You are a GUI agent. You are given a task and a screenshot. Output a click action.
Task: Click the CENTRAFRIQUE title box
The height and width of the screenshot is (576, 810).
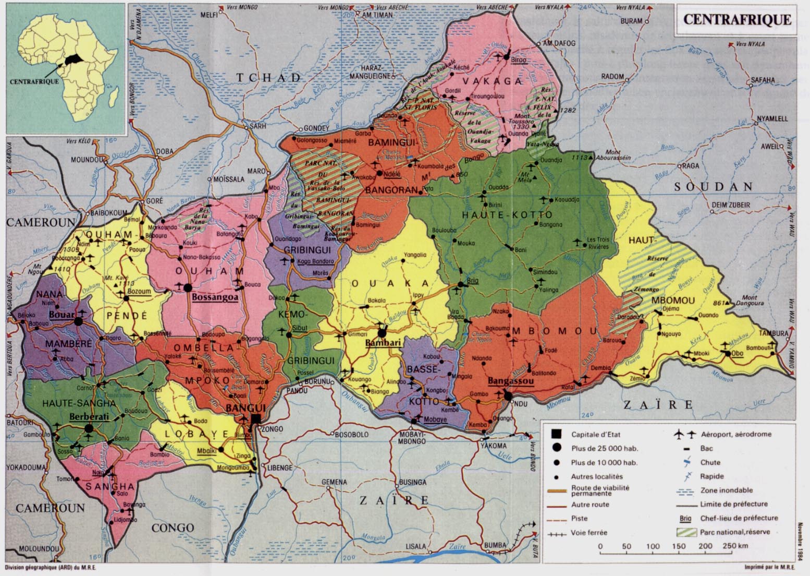(737, 20)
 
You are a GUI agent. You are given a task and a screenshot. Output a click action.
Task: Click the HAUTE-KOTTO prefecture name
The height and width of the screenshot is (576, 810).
(492, 214)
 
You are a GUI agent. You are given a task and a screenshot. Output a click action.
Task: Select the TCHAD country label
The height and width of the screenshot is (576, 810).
(268, 77)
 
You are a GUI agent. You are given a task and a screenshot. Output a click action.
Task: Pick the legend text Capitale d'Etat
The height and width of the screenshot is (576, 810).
(596, 434)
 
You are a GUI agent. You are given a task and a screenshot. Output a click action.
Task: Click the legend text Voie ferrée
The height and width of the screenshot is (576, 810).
(589, 533)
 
